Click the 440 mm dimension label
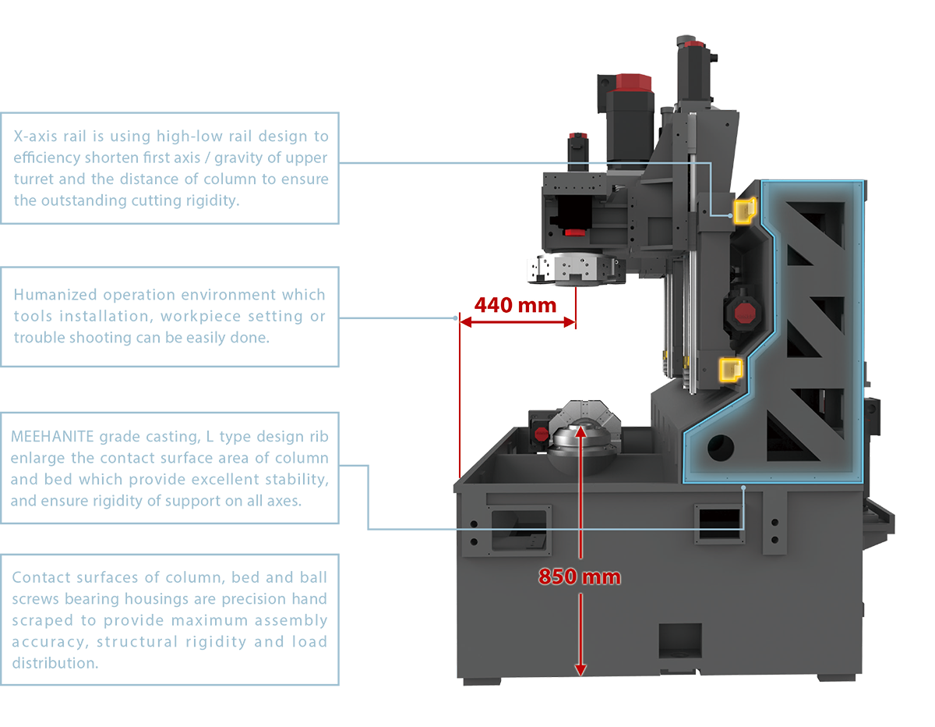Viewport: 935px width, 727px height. pyautogui.click(x=516, y=304)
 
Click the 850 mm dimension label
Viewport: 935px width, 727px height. pyautogui.click(x=580, y=577)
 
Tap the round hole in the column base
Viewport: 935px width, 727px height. pyautogui.click(x=722, y=446)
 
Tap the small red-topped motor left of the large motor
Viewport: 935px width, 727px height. pyautogui.click(x=577, y=147)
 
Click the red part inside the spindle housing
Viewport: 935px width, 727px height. pyautogui.click(x=575, y=232)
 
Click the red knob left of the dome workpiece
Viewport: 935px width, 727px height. pyautogui.click(x=539, y=434)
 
